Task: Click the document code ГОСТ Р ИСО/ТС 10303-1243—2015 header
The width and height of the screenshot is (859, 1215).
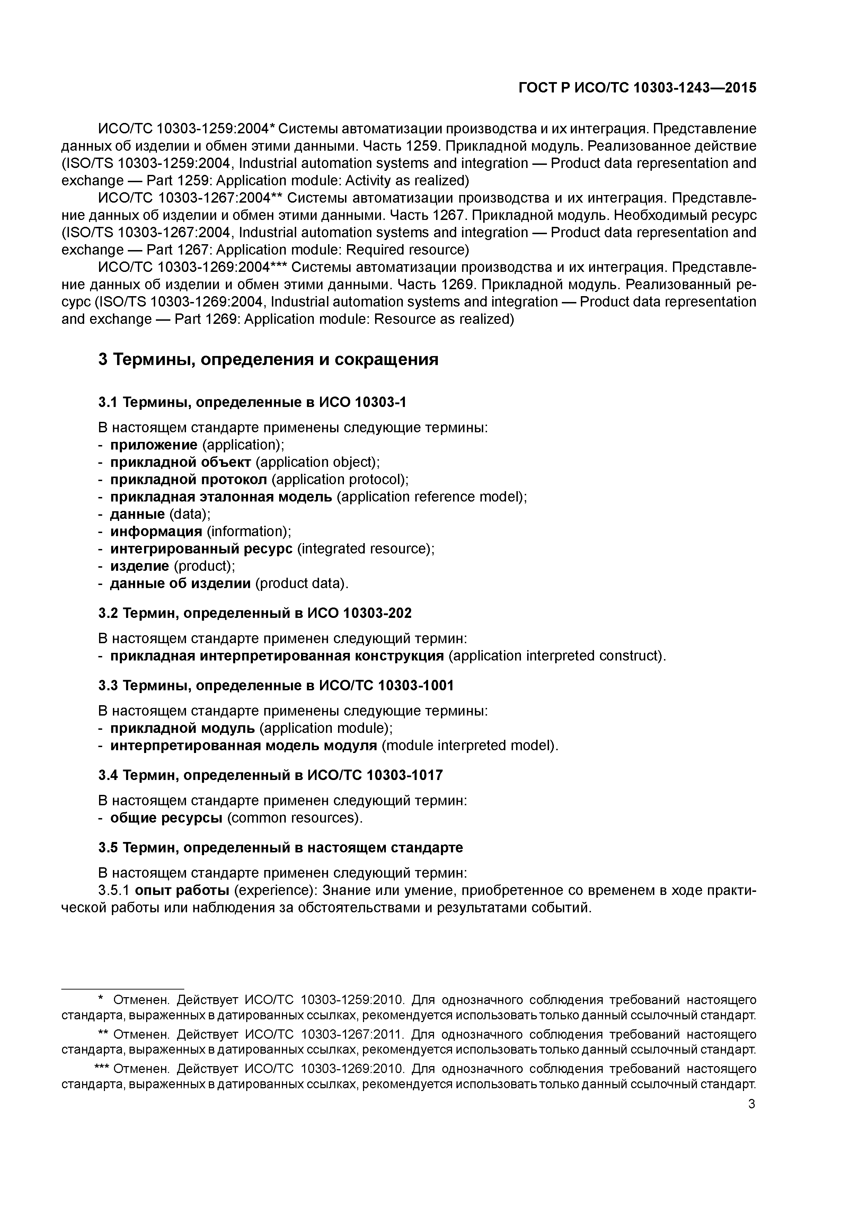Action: point(637,88)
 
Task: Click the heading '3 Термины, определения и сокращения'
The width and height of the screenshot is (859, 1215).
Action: point(268,360)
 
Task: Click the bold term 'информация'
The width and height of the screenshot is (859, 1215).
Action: point(156,531)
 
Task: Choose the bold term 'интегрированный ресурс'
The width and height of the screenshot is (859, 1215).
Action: point(201,549)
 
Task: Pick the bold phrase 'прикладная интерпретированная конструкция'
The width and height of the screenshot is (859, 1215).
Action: point(277,656)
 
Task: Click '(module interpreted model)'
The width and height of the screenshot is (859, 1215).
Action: point(469,746)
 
